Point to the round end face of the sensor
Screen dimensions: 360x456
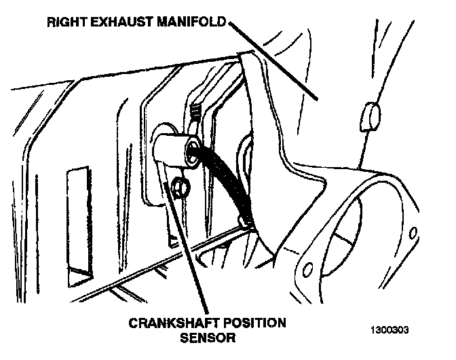pos(193,154)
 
